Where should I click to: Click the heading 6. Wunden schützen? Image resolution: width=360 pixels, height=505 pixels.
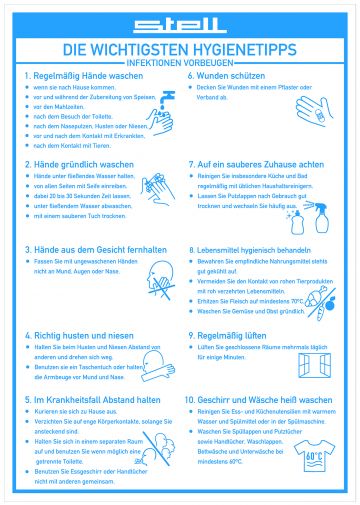(226, 76)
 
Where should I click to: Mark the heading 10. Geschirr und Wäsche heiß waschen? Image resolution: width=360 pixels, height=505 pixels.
(259, 399)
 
